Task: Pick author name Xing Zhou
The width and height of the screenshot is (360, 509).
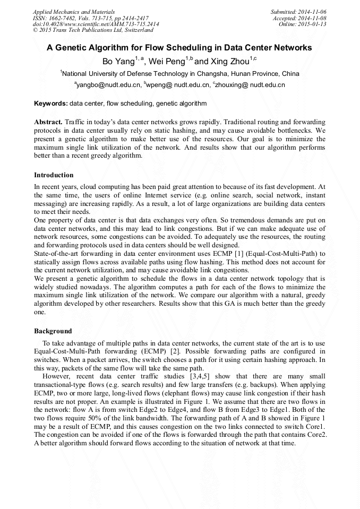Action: (x=230, y=62)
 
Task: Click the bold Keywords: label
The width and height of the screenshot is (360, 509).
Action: (x=51, y=103)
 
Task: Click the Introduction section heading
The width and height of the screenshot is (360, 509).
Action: (x=54, y=175)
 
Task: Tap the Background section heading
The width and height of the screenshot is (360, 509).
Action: (x=53, y=331)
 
